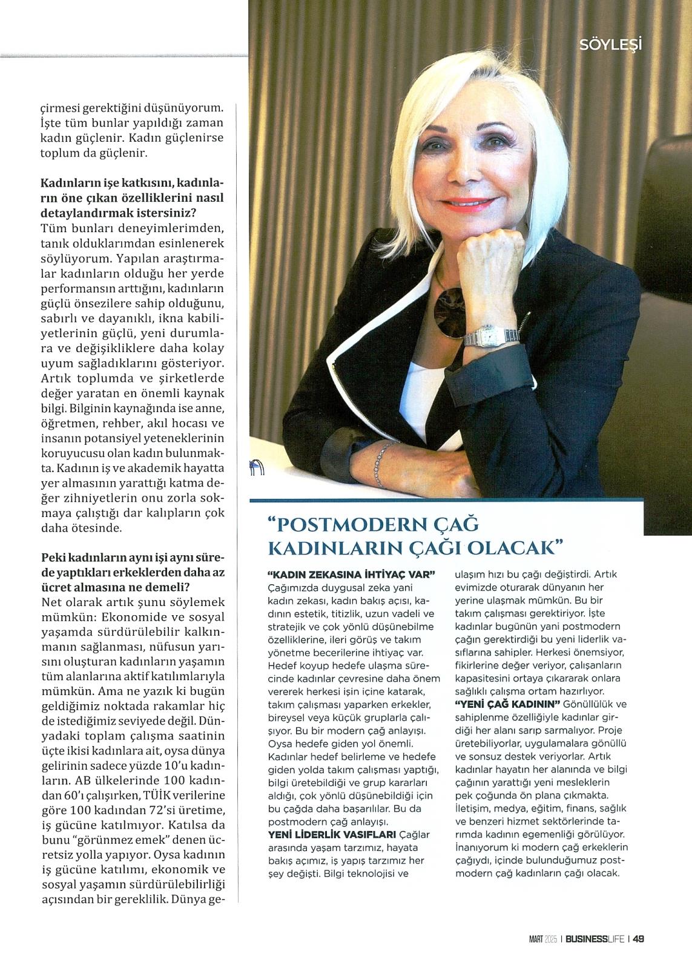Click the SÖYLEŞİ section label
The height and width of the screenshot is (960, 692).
click(x=610, y=44)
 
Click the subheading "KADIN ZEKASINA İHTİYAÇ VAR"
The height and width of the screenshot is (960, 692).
click(x=352, y=573)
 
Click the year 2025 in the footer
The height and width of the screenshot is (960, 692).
click(x=550, y=939)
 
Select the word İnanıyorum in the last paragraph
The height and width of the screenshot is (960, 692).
click(x=481, y=847)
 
